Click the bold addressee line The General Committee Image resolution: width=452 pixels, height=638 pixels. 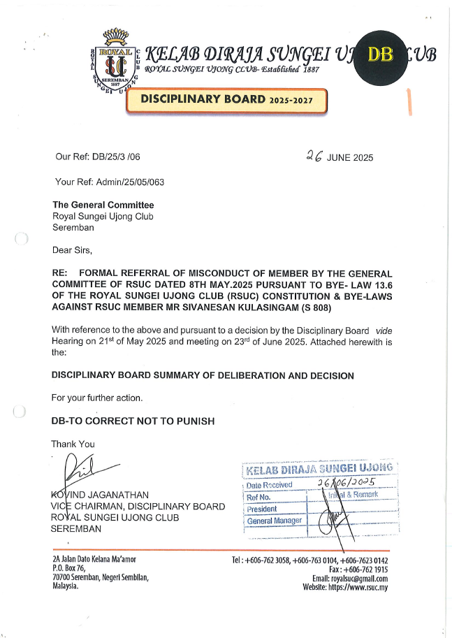pos(103,205)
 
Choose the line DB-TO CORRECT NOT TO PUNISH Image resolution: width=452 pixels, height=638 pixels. pos(133,421)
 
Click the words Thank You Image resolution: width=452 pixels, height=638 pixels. pos(73,444)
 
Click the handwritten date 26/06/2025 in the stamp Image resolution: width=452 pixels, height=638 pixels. pos(347,482)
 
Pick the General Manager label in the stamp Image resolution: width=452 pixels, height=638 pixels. pos(275,521)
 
